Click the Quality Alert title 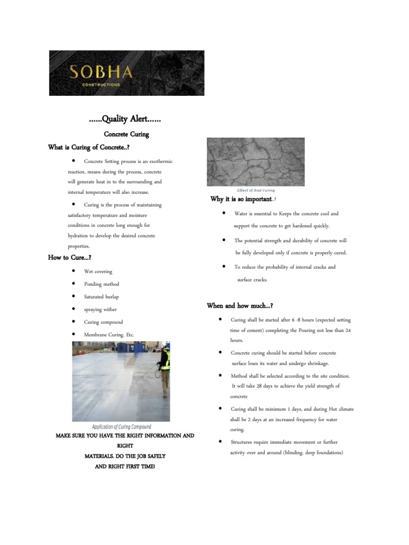coord(125,120)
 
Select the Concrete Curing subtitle coord(126,134)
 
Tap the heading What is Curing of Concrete coord(89,147)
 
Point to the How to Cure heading coord(70,258)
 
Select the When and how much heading coord(240,305)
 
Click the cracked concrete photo coord(255,162)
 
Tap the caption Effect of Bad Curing coord(256,190)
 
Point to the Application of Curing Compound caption coord(121,427)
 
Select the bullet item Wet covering coord(98,271)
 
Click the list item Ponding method coord(101,284)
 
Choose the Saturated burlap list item coord(102,296)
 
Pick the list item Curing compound coord(103,322)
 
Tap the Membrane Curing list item coord(109,335)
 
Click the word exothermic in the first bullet coord(161,161)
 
